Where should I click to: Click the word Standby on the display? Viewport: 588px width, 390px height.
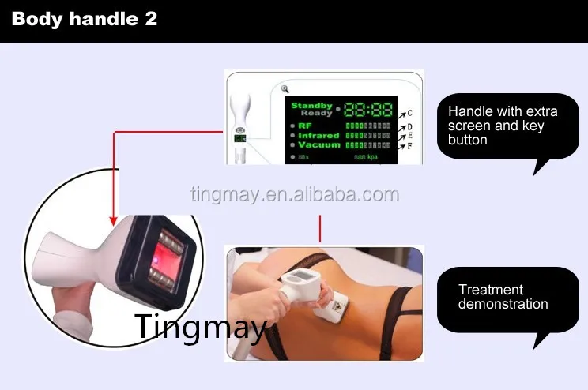[x=312, y=105]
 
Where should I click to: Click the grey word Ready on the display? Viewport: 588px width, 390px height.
[x=316, y=114]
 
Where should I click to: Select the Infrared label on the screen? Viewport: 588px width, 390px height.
[x=318, y=135]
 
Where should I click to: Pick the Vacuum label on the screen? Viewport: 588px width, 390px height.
[x=319, y=145]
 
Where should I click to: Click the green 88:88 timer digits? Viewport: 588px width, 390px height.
[x=367, y=109]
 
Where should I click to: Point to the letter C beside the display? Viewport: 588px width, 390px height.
[x=409, y=114]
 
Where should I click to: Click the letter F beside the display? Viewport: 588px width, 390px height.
[x=409, y=145]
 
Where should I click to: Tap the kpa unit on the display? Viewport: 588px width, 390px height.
[x=372, y=157]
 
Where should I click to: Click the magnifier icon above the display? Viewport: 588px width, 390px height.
[x=285, y=89]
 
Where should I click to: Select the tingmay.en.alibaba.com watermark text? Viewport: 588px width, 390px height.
[x=295, y=195]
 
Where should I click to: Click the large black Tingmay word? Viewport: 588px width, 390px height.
[x=201, y=326]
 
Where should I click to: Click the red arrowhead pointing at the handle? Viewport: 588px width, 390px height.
[x=113, y=219]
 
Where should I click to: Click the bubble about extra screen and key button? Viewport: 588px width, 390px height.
[x=507, y=126]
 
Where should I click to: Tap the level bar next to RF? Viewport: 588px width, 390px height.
[x=367, y=125]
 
